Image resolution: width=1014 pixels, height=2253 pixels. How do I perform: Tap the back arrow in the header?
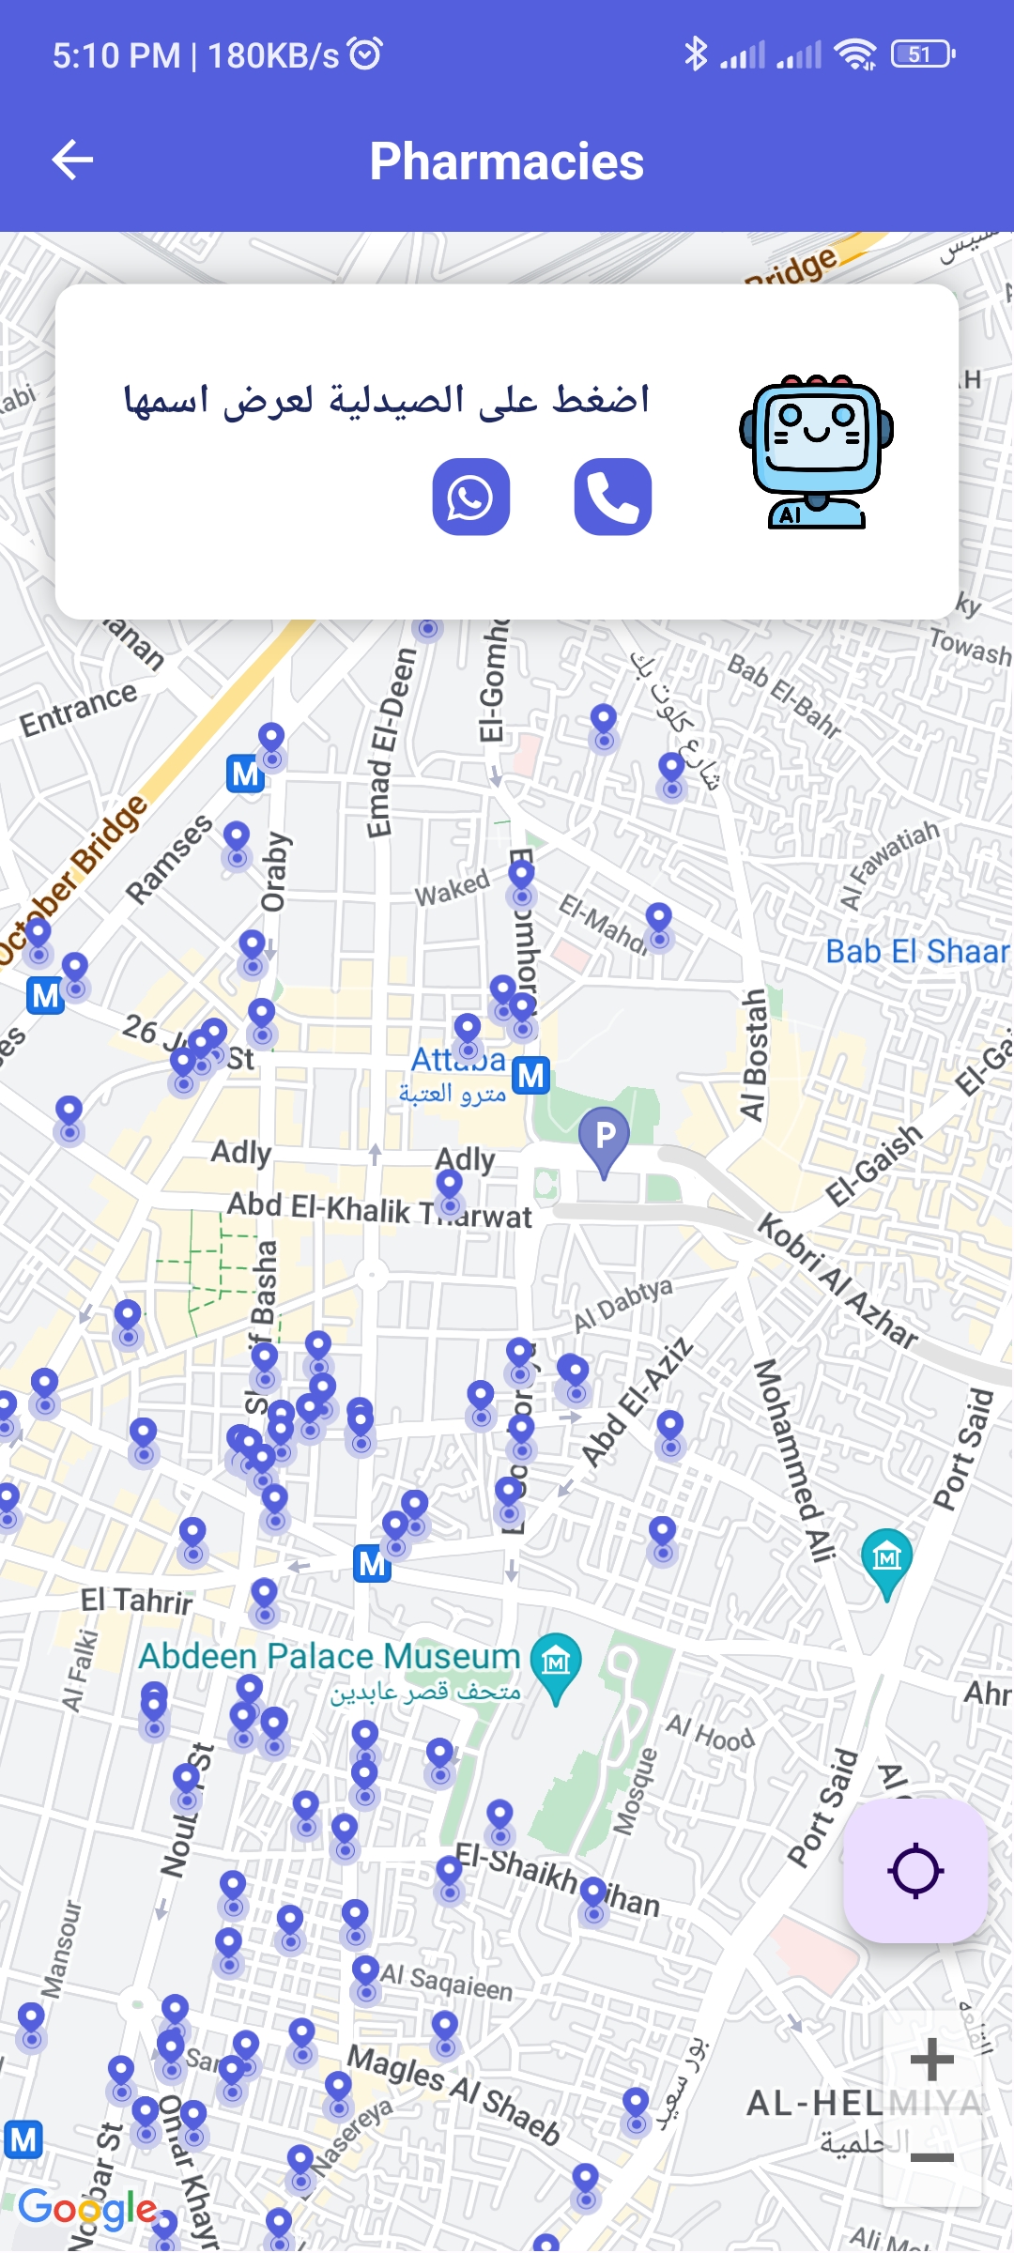tap(72, 160)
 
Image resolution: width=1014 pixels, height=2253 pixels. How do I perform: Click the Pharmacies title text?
tap(507, 161)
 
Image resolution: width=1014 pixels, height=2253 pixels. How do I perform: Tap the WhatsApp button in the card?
tap(470, 497)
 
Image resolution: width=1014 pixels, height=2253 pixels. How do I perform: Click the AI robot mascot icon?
tap(816, 452)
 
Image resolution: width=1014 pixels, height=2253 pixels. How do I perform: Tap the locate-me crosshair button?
tap(915, 1871)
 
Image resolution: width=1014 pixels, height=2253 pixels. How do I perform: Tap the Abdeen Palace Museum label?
tap(329, 1656)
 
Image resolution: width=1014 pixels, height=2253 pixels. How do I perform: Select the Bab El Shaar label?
tap(917, 952)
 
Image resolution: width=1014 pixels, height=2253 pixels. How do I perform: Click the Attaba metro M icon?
tap(531, 1075)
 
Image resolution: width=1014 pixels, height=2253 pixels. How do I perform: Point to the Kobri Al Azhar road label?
tap(837, 1280)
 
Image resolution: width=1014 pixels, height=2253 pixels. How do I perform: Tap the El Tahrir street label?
tap(137, 1600)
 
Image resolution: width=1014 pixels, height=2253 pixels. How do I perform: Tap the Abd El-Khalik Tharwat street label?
tap(379, 1210)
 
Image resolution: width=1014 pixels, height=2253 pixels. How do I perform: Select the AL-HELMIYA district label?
tap(864, 2104)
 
